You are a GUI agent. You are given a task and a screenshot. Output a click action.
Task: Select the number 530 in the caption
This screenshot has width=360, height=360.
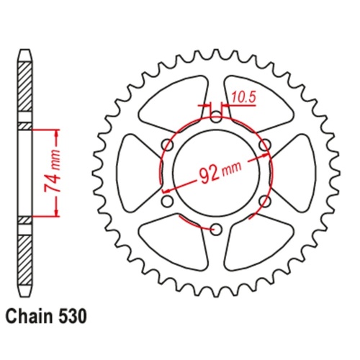(74, 315)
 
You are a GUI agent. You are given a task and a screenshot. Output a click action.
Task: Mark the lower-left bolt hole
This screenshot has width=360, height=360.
(166, 200)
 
